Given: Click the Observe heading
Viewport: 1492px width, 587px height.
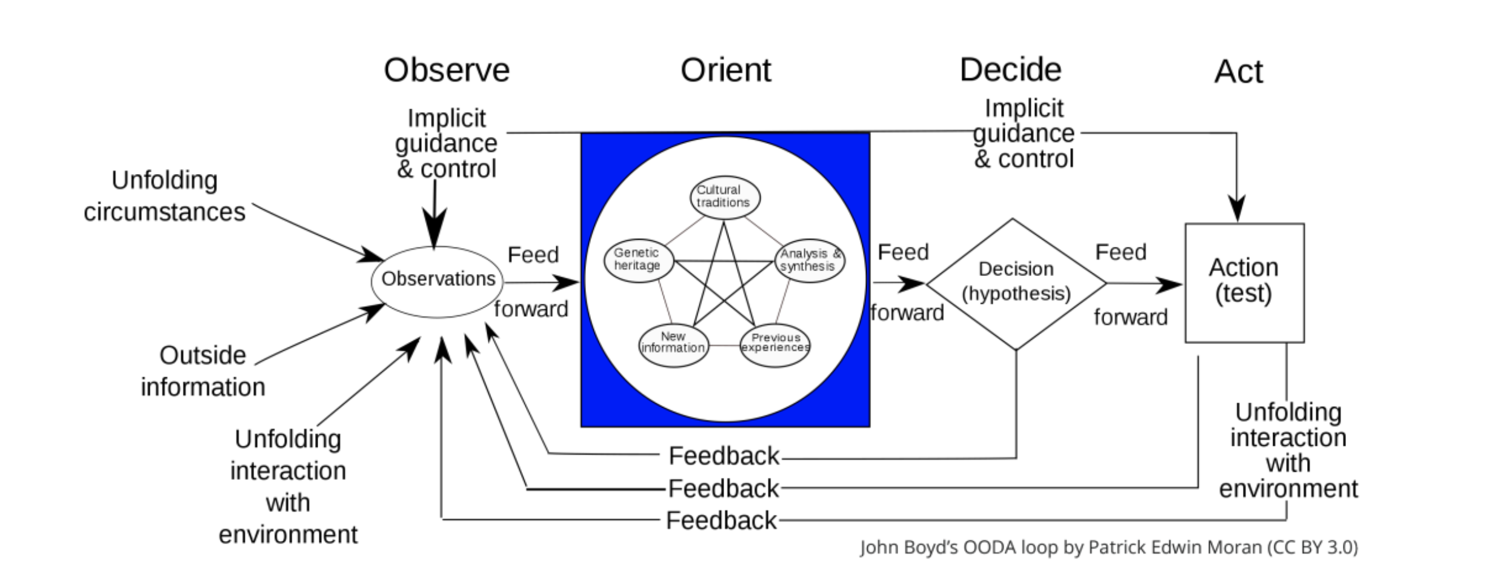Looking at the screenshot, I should click(447, 70).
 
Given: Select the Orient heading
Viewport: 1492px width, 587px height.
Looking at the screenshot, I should click(725, 70).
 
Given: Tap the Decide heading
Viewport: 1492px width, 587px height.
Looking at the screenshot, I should click(1010, 70).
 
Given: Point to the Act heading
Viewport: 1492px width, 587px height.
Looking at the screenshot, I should click(1238, 72).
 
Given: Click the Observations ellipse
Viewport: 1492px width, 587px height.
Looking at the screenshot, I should click(438, 281).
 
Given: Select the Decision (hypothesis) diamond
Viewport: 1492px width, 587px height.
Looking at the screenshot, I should click(1016, 283).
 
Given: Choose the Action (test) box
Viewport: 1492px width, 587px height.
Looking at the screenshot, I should click(1244, 283).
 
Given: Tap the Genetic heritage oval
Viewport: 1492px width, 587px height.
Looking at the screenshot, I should click(638, 260).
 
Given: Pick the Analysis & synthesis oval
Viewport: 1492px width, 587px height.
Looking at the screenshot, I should click(810, 260).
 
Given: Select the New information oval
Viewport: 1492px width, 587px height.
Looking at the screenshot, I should click(673, 344).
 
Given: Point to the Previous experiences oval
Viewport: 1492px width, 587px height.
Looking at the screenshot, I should click(775, 344).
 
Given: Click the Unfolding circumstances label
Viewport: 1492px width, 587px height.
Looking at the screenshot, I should click(164, 196).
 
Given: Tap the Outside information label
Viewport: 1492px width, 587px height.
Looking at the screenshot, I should click(203, 371).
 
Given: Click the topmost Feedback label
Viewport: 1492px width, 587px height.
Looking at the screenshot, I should click(724, 456).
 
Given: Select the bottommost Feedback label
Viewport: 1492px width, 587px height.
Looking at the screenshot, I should click(721, 520).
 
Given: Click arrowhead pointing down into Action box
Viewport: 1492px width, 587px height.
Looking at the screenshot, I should click(1236, 209).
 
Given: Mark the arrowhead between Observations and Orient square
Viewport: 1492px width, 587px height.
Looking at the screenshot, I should click(567, 282).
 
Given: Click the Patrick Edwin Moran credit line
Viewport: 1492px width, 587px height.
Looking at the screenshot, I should click(1108, 548).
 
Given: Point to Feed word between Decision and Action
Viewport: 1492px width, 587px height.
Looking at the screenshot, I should click(1121, 252).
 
